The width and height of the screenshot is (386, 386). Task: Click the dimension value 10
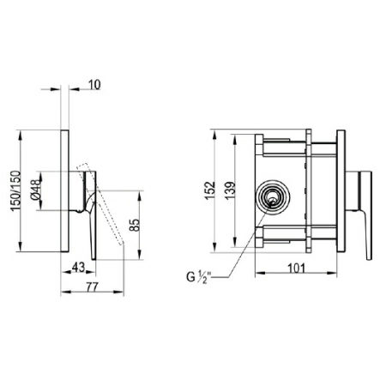click(x=94, y=85)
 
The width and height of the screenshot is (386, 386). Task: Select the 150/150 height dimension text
click(x=16, y=190)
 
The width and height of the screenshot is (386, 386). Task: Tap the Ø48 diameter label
click(x=37, y=190)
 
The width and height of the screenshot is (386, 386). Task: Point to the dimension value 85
click(x=134, y=225)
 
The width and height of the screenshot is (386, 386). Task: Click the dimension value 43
click(x=78, y=267)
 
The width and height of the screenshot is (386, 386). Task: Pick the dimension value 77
click(x=92, y=286)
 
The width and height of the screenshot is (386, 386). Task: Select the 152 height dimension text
click(x=210, y=190)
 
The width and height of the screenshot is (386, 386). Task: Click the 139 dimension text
click(x=230, y=190)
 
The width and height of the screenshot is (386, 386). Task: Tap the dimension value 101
click(x=296, y=268)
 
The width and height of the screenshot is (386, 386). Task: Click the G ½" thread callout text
click(x=198, y=277)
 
